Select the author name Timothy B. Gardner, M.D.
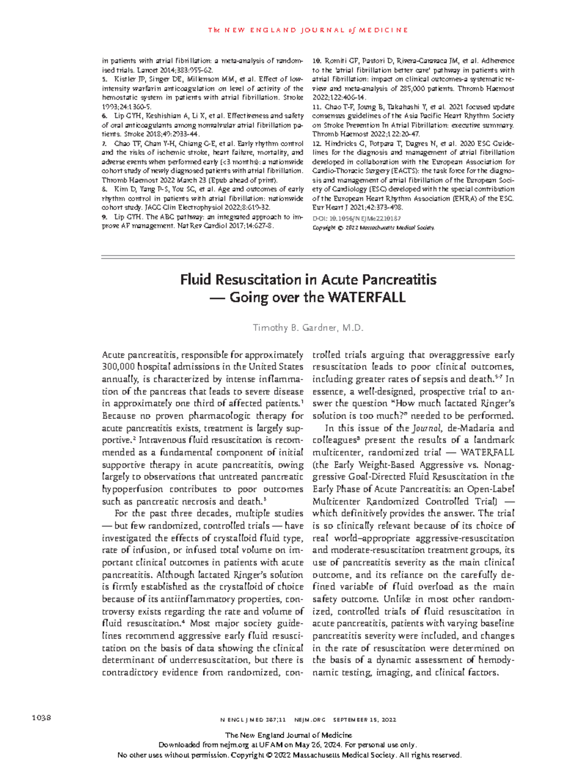[x=308, y=328]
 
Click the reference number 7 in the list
[x=105, y=144]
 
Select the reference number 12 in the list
[x=316, y=144]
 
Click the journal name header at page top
[x=308, y=30]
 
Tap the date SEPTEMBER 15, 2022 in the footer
[x=365, y=720]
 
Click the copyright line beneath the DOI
[x=373, y=227]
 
